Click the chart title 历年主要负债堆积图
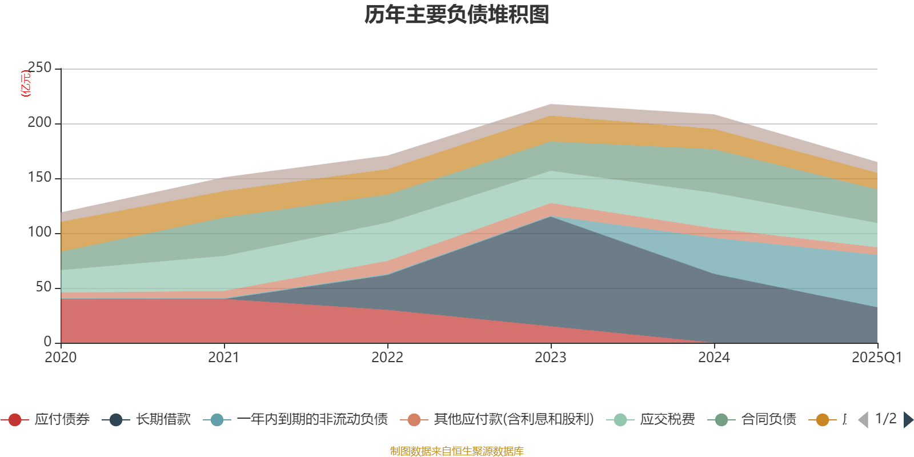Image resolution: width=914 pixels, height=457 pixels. point(457,15)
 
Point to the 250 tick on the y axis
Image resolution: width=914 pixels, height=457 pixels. point(39,68)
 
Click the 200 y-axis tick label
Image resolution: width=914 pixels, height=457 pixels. point(39,123)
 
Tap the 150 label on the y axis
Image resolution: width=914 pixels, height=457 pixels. point(39,178)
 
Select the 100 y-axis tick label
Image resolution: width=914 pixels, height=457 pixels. point(39,232)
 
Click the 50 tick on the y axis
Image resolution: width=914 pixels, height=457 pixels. point(43,287)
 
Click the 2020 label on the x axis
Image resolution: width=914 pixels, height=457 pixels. point(61,358)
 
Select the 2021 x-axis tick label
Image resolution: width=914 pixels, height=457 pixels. point(224,358)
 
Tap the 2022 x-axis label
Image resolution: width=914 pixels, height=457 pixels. point(387,358)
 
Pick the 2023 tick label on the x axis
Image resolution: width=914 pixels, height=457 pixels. point(551,358)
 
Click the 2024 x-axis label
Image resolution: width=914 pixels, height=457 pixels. point(714,358)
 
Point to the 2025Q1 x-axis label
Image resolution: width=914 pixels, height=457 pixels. point(876,358)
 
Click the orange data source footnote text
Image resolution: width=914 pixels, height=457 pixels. point(457,451)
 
